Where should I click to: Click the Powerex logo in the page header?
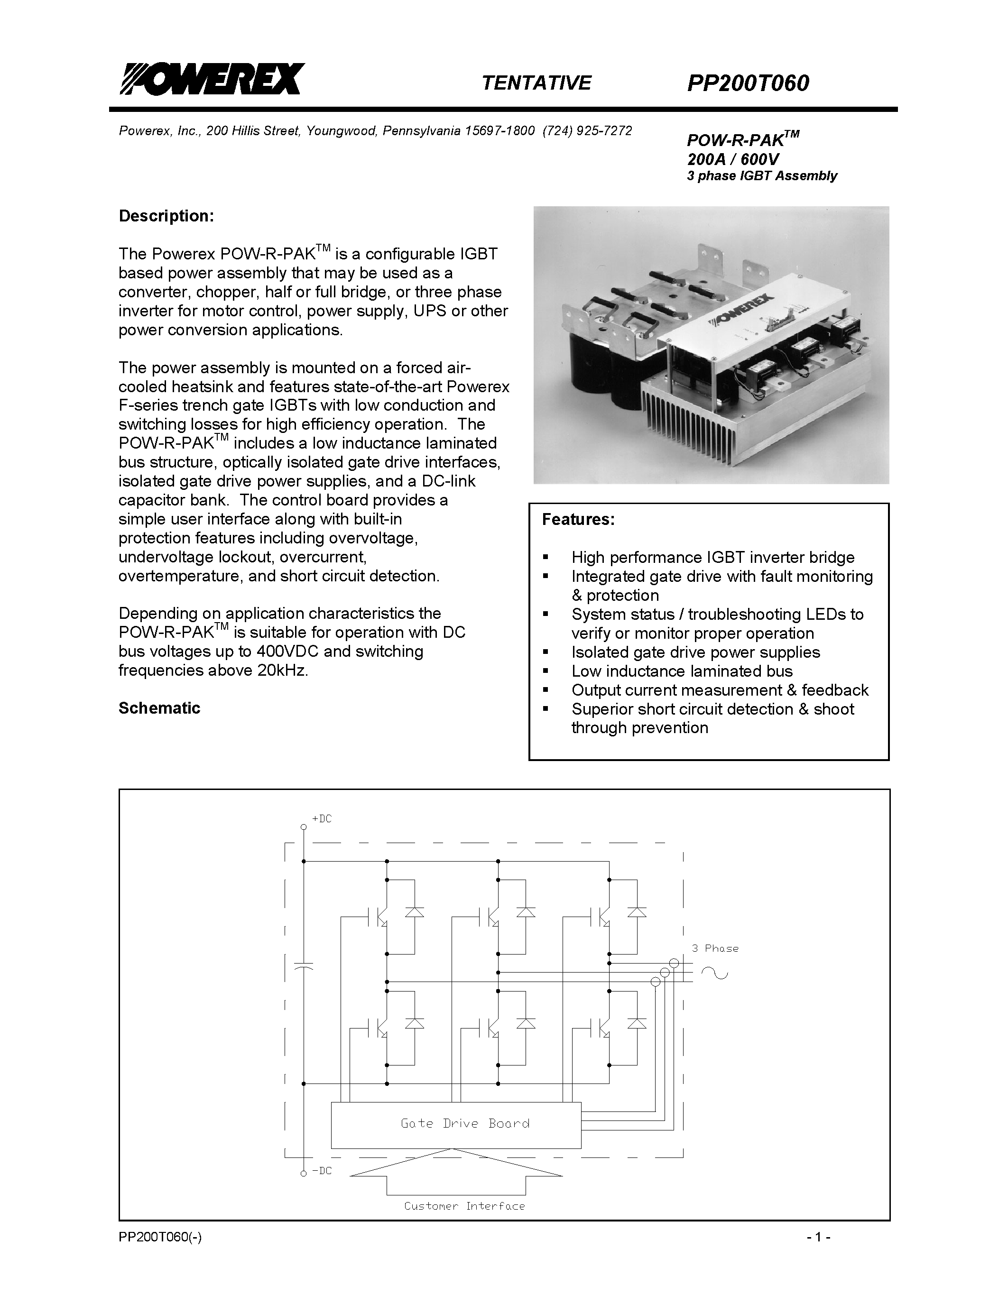coord(212,79)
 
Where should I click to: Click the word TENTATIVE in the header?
coord(536,83)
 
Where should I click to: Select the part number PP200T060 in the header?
coord(748,83)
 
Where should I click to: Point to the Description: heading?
coord(166,216)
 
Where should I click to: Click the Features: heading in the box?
coord(577,519)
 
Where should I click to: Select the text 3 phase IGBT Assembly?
coord(761,175)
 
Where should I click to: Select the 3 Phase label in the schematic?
coord(715,948)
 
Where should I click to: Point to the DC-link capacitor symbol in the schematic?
coord(304,966)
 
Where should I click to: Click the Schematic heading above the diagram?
coord(159,708)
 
